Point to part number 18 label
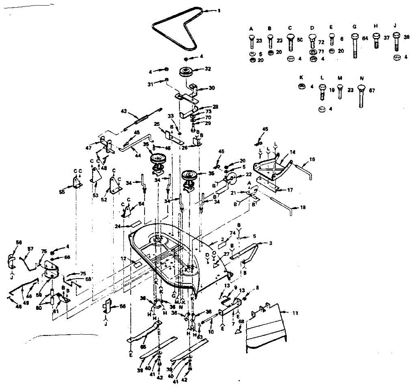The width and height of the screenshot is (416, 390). coord(303,208)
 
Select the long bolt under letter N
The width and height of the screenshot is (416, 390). coord(362,95)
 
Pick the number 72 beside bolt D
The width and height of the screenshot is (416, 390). coord(321,42)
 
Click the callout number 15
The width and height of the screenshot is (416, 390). coord(312,160)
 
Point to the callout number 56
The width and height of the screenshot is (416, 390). coord(19,243)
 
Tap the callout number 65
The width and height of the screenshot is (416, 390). coord(143,346)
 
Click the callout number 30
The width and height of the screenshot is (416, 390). coord(211,88)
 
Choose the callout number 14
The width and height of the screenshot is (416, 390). coord(293,152)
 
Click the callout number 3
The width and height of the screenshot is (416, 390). coord(270,243)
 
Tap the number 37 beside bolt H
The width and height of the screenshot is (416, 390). coord(387,37)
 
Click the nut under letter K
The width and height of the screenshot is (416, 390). coord(302,87)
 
